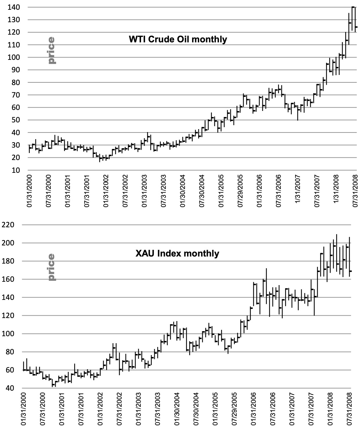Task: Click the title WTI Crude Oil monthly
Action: [x=178, y=39]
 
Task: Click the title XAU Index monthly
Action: [x=177, y=253]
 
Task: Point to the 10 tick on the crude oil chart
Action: [x=15, y=170]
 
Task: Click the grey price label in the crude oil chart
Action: [x=51, y=50]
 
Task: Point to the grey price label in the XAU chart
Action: [x=51, y=267]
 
